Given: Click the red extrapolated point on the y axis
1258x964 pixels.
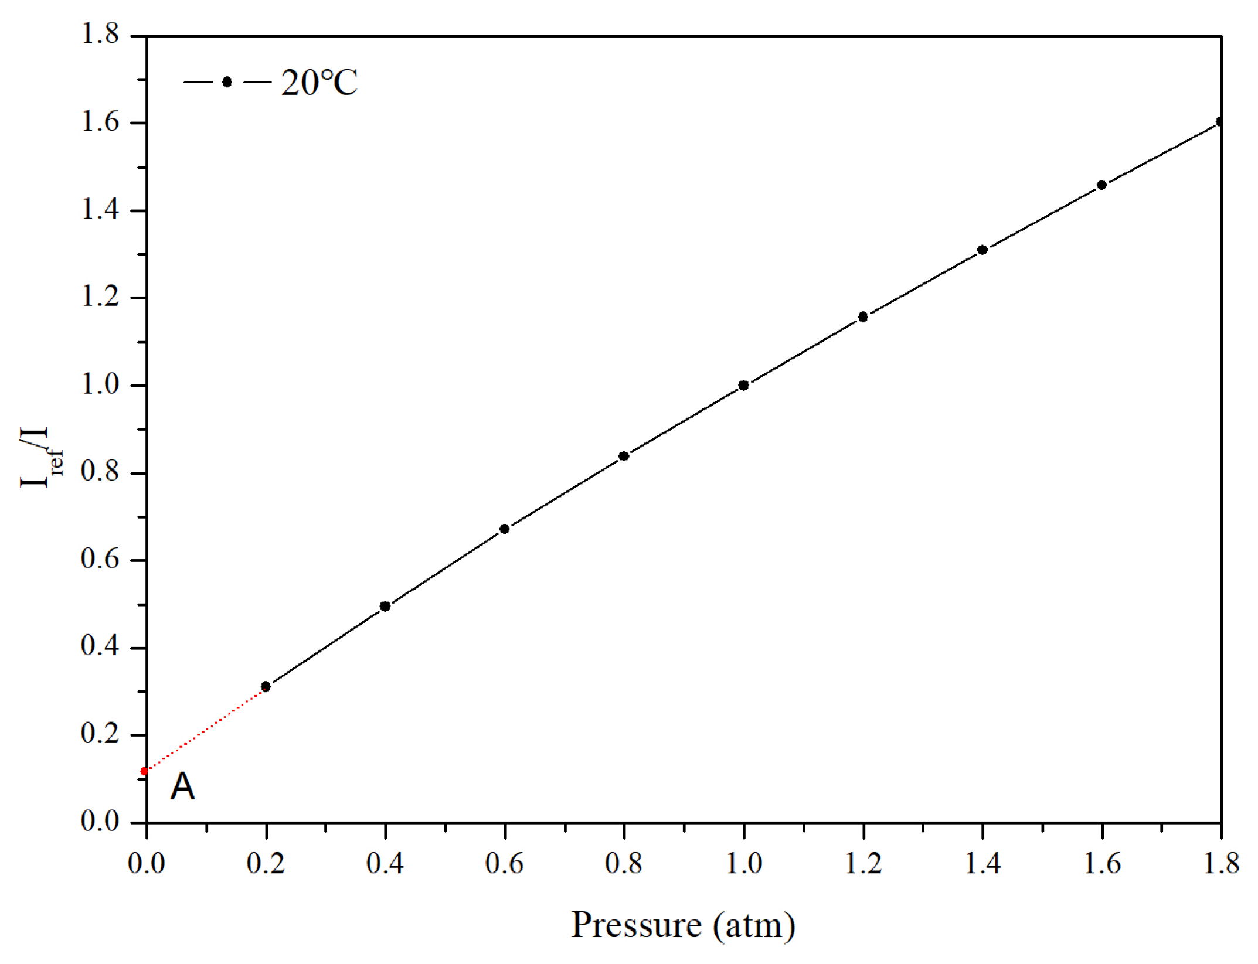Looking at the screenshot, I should pos(144,771).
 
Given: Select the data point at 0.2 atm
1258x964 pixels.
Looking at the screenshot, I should pos(266,686).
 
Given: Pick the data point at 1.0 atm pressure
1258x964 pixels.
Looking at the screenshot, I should pos(743,385).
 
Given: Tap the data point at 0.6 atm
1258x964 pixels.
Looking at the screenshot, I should pos(504,529).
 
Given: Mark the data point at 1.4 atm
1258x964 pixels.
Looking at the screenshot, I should pos(982,250).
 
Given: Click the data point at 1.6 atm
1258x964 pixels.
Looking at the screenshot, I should pos(1101,185).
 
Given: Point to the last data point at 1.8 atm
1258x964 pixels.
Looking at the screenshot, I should pos(1220,122).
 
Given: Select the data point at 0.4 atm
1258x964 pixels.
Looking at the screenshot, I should pos(385,606).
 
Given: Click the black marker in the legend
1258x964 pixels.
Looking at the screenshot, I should pos(227,82).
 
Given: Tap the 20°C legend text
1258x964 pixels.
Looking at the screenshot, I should pos(319,83).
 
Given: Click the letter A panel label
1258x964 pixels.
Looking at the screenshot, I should pos(182,786).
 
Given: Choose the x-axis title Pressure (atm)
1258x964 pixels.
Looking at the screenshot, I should pos(683,925).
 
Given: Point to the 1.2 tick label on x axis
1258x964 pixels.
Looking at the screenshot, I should pos(863,863).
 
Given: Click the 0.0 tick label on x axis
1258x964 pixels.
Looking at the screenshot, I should pos(146,863).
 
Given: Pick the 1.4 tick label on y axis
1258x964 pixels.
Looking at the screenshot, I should pos(100,209).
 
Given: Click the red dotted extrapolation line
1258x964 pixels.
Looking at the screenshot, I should pos(205,729).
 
